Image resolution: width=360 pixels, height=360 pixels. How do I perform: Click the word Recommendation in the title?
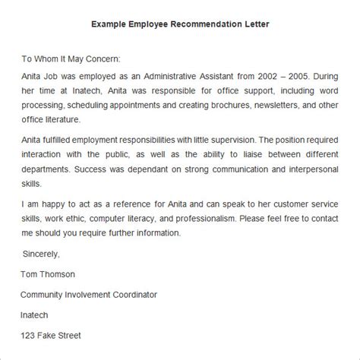[x=194, y=24]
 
